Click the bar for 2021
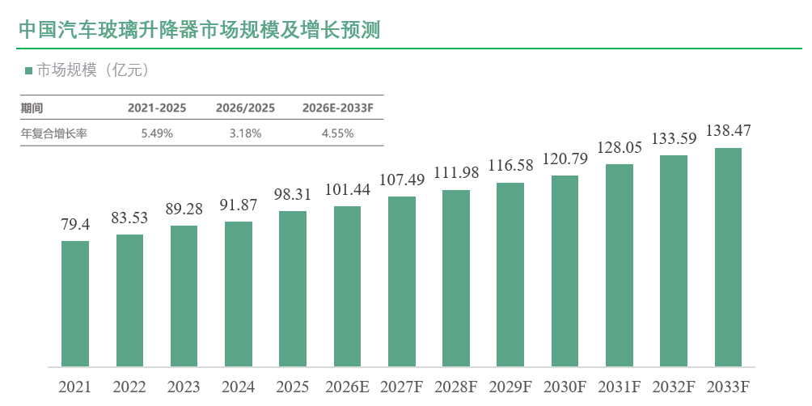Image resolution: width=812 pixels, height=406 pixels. pos(75,304)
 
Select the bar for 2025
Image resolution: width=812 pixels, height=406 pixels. pos(293,289)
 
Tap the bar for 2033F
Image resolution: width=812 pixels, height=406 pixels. pos(728,257)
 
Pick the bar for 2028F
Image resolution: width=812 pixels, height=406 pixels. pos(456,278)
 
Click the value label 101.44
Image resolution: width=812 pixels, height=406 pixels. pos(348,190)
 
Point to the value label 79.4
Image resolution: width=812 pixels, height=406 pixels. pos(75,225)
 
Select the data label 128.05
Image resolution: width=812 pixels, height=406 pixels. pos(620,147)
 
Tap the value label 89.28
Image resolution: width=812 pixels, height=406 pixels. pos(184,209)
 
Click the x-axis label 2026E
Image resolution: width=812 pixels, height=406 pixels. pos(348,387)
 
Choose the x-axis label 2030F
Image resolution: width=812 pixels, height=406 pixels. pos(565,387)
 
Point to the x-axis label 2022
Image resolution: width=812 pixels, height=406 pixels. pos(129,387)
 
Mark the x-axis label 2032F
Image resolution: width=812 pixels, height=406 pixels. pos(674,387)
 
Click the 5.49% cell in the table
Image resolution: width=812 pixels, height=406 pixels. pos(157,133)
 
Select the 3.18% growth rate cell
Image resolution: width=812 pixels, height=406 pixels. pos(246,133)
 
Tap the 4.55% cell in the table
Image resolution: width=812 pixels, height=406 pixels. pos(337,133)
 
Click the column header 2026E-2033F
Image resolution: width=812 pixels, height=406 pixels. pos(337,108)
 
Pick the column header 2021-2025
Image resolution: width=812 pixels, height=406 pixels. pos(157,108)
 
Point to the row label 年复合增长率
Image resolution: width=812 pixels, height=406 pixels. pos(54,133)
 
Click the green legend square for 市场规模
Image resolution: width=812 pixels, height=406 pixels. pos(28,70)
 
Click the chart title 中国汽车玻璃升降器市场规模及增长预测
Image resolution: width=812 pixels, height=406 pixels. pos(200,29)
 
